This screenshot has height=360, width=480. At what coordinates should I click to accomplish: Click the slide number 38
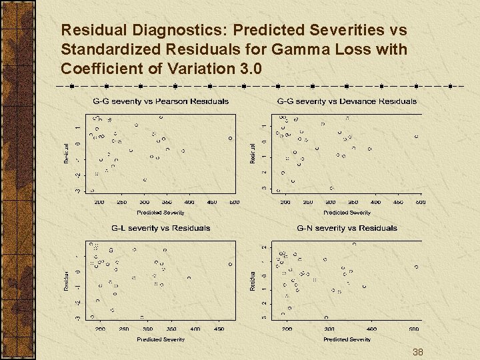click(x=418, y=352)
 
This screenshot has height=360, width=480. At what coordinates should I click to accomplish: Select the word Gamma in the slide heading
click(x=323, y=49)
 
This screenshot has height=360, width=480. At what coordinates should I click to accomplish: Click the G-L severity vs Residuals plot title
click(x=160, y=228)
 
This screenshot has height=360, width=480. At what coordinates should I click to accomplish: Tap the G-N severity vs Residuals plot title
click(x=347, y=228)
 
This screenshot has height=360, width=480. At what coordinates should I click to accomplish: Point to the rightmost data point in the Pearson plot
click(x=230, y=138)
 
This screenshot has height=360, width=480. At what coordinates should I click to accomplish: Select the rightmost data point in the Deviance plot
click(x=416, y=137)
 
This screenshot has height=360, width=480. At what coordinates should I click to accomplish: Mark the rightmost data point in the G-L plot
click(x=231, y=264)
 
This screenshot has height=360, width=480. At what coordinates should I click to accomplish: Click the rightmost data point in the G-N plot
click(x=416, y=267)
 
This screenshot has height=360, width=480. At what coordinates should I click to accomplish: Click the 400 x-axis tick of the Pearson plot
click(x=189, y=202)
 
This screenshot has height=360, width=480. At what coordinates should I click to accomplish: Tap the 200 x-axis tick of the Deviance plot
click(x=285, y=202)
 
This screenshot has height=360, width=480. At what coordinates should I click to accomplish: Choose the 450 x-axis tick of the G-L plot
click(x=219, y=329)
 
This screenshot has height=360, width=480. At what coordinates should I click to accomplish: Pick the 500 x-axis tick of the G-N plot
click(x=414, y=329)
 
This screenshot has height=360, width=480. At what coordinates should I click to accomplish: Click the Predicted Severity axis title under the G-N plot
click(x=347, y=339)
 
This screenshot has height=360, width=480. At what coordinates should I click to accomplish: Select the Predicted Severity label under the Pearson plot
click(x=160, y=213)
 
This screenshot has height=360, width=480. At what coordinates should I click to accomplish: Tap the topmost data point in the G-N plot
click(x=354, y=244)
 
